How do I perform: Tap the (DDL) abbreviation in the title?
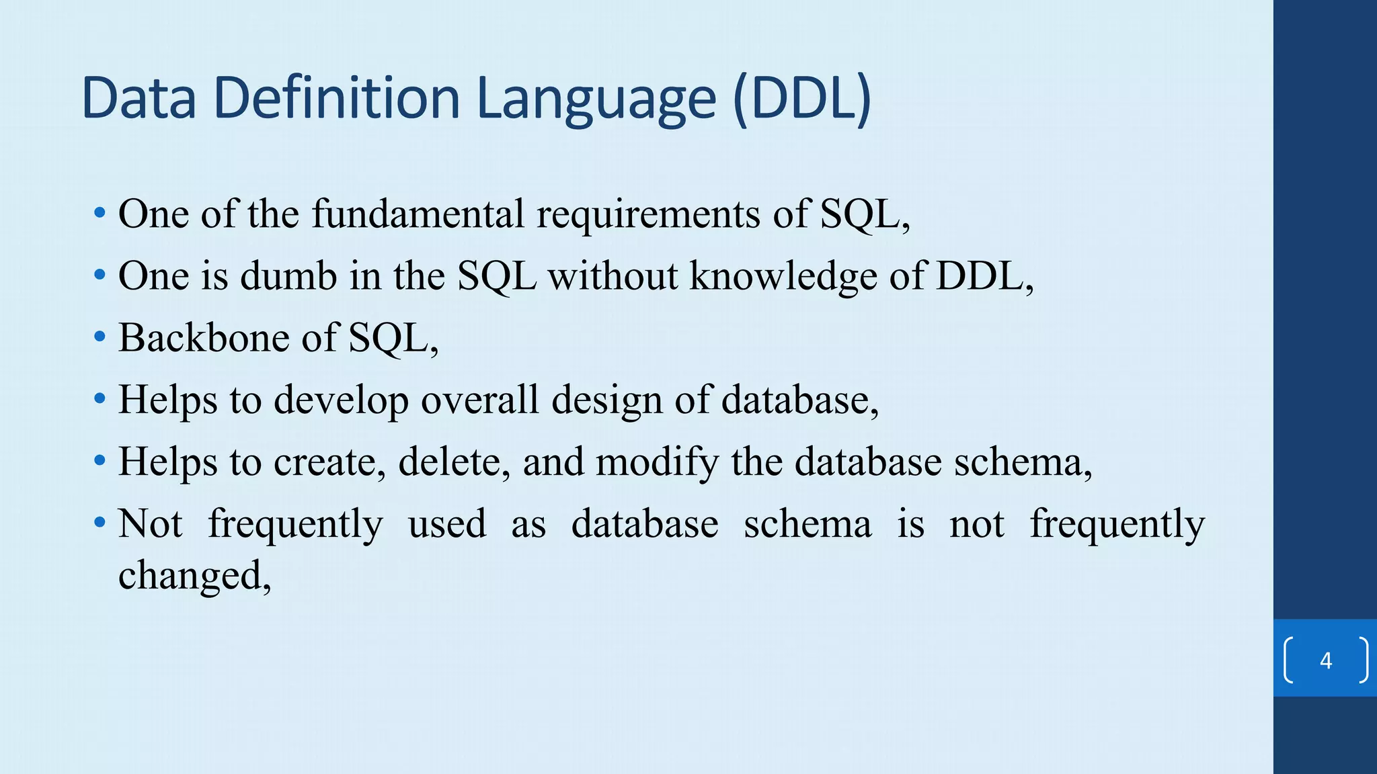tap(801, 99)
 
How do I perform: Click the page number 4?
tap(1325, 660)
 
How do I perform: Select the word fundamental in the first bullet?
tap(417, 214)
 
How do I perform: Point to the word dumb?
tap(288, 276)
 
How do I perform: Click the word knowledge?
tap(783, 276)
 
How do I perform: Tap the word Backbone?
tap(203, 338)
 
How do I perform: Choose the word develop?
tap(341, 400)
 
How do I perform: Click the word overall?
tap(480, 400)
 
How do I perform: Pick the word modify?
tap(657, 462)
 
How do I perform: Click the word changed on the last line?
tap(194, 576)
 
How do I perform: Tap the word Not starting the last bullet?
tap(150, 524)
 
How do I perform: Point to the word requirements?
tap(648, 214)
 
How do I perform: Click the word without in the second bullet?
tap(613, 276)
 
